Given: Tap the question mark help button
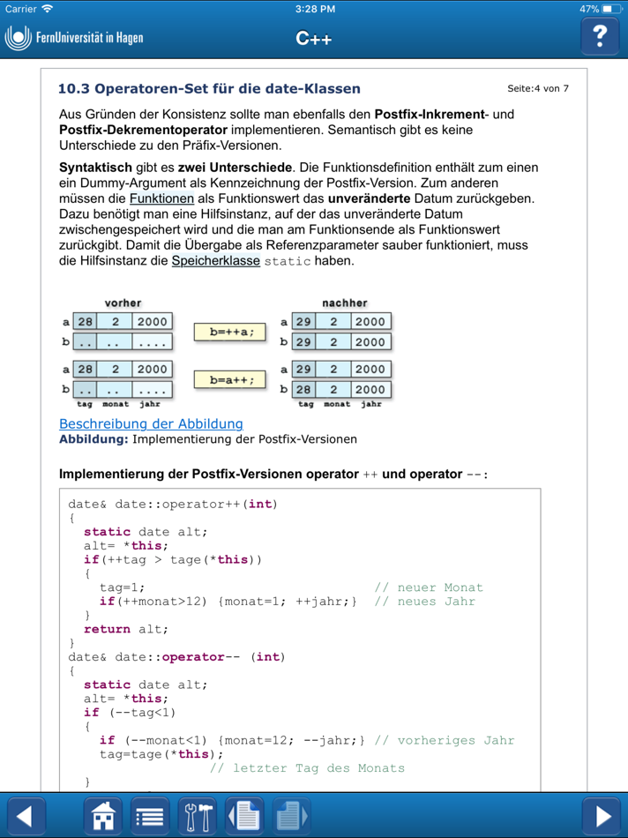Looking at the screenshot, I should point(600,36).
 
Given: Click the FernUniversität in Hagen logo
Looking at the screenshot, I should point(74,38).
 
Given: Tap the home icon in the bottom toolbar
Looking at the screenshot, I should point(103,816).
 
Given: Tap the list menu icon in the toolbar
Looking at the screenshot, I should point(150,816).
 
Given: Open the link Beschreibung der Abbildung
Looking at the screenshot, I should point(151,424).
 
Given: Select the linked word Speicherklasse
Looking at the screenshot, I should point(216,261).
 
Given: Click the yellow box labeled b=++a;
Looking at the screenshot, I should point(230,333).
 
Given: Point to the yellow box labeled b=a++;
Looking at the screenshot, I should point(230,380).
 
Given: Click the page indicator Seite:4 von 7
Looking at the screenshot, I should point(538,89).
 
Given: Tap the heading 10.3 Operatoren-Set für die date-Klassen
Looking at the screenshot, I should point(209,89).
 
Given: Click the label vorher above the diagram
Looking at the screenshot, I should point(123,303).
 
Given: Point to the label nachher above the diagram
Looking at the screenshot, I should point(344,303).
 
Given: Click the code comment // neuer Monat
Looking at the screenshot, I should point(429,587).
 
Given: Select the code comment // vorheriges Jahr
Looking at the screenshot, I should point(444,740).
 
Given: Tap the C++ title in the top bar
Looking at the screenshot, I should point(314,38).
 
